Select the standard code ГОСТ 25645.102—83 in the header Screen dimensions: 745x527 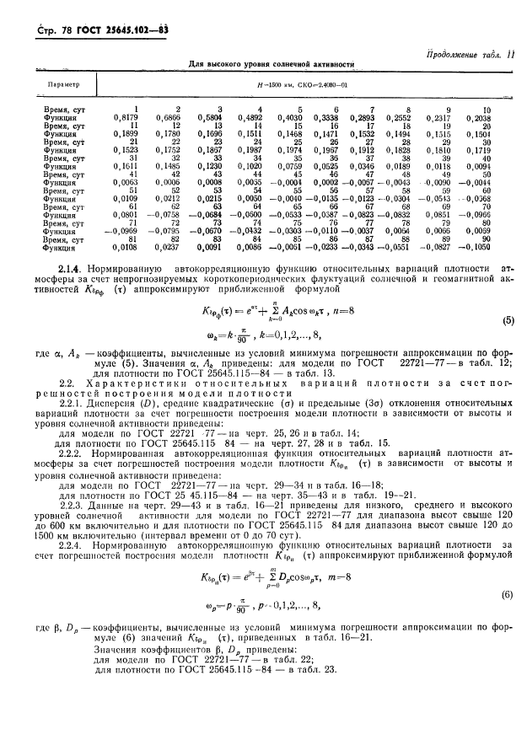(x=129, y=9)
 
